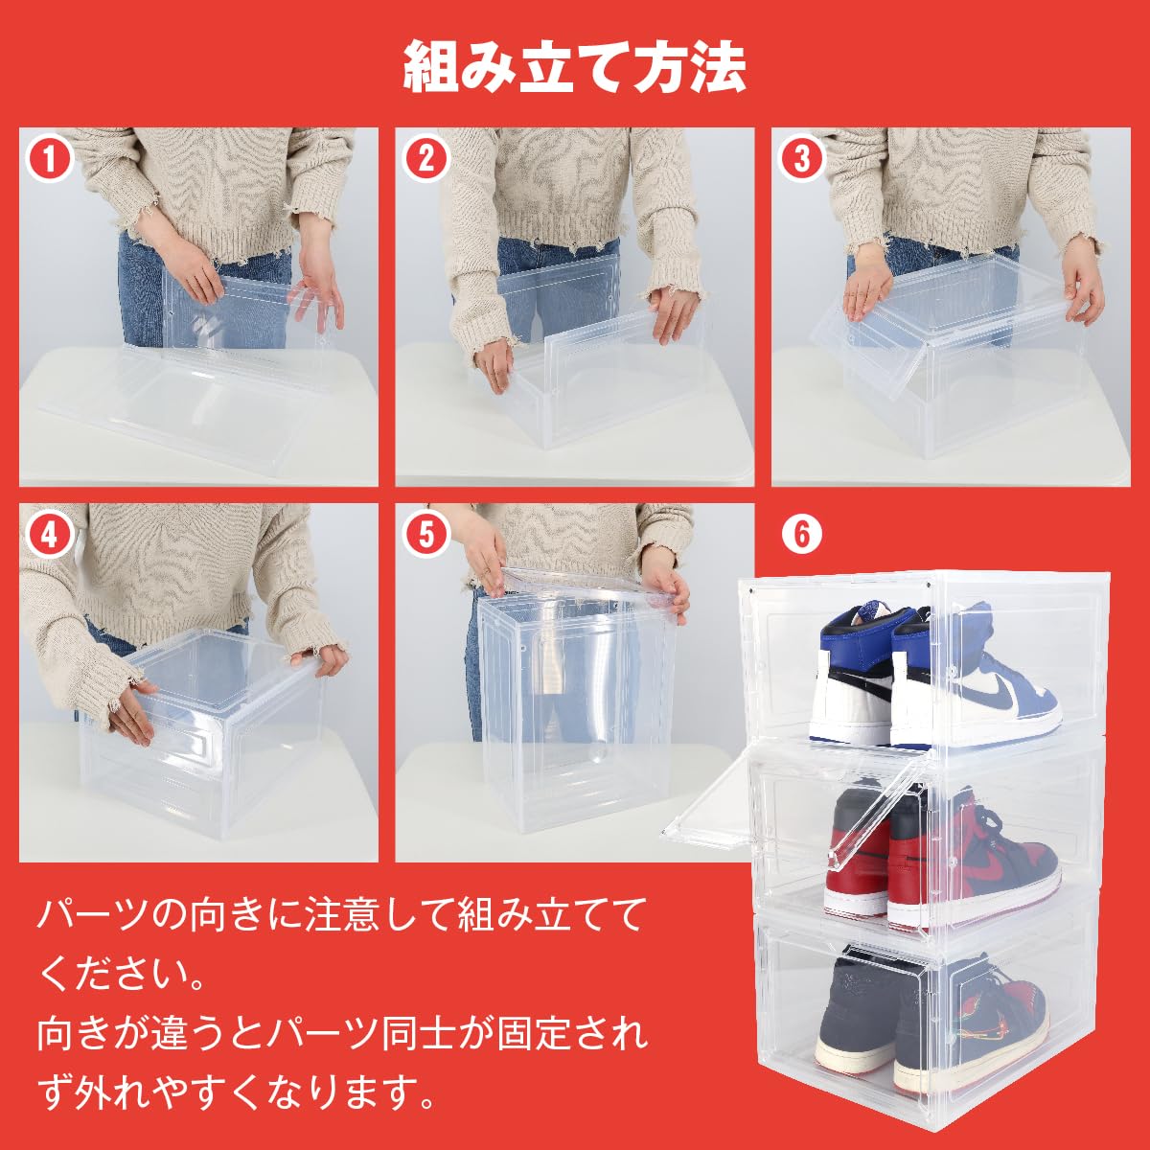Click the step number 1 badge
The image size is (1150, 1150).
50,158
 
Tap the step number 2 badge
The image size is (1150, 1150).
426,158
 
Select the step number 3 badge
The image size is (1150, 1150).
802,158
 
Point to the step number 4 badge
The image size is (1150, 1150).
50,534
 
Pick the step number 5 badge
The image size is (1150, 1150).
426,534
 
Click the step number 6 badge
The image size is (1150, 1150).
802,534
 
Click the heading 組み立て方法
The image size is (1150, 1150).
575,66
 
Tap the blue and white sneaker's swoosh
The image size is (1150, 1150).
1002,700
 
